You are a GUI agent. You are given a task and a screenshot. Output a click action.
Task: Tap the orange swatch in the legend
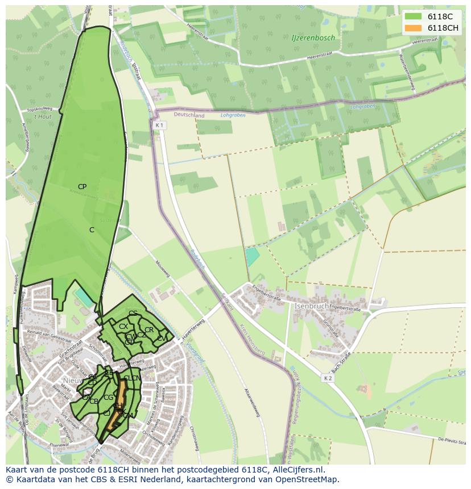(x=413, y=28)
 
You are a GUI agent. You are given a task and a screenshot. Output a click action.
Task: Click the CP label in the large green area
(x=82, y=187)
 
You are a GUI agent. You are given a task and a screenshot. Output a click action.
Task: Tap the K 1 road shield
(x=159, y=125)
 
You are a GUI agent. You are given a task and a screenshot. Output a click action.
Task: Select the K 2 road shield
(x=328, y=378)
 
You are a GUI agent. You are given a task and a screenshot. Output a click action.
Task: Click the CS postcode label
(x=133, y=314)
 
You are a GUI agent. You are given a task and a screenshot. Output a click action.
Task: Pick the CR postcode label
(x=149, y=330)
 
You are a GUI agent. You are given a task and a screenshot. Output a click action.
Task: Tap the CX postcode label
(x=123, y=327)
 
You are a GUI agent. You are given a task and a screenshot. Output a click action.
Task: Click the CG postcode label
(x=108, y=398)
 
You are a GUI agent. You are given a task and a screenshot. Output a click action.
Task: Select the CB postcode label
(x=94, y=402)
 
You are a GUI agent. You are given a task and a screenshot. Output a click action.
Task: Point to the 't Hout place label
(x=42, y=116)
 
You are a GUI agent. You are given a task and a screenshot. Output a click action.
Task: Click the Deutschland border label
(x=189, y=115)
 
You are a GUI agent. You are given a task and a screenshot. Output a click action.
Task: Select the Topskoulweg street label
(x=40, y=108)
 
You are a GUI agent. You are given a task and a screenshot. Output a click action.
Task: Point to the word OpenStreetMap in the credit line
(x=307, y=479)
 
